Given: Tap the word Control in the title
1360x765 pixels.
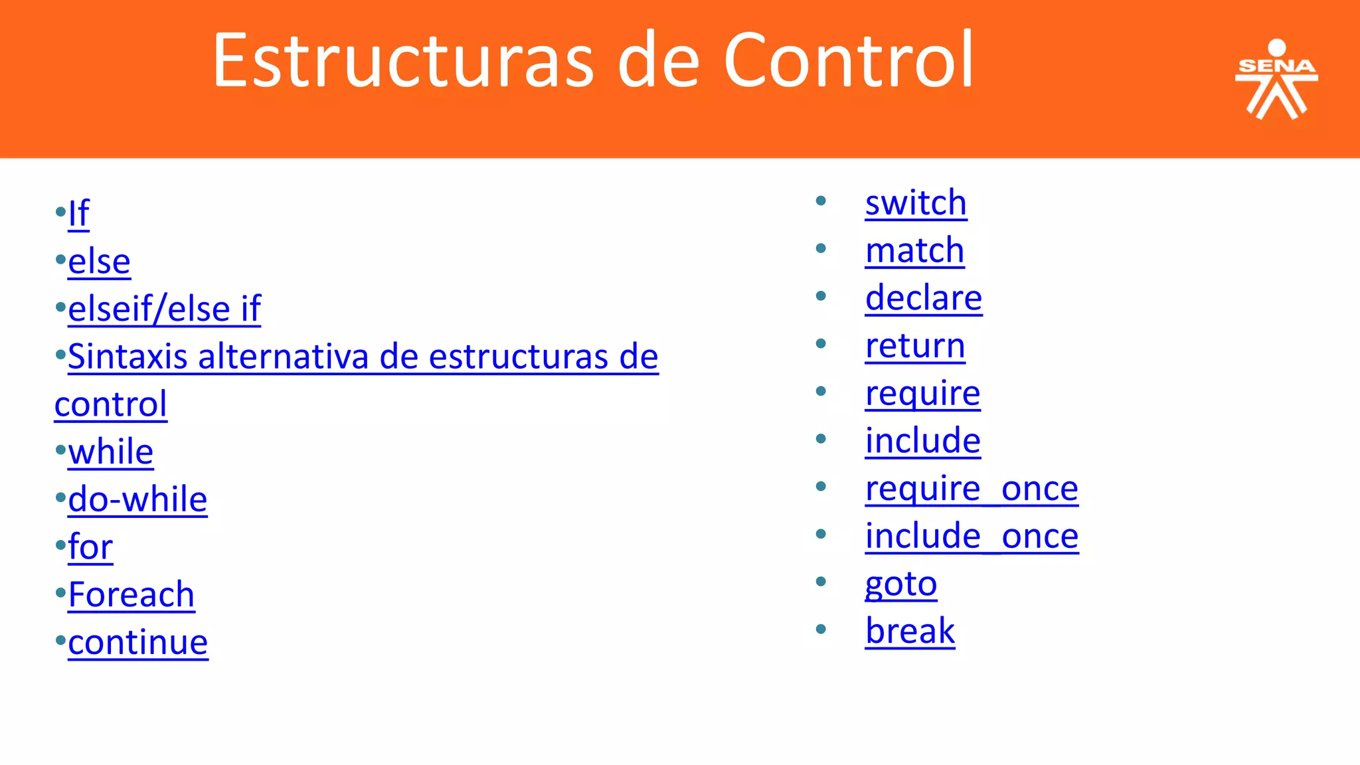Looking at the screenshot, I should [x=848, y=61].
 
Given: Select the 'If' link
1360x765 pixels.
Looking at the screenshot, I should [x=78, y=214].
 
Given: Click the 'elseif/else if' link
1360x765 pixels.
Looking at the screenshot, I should [x=164, y=309].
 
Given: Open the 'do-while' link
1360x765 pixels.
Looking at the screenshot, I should [x=137, y=499].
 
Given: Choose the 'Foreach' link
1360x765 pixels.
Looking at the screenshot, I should [x=131, y=594].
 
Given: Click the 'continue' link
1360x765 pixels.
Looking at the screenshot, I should [x=137, y=642].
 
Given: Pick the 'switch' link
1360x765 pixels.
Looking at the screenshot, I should [x=916, y=203].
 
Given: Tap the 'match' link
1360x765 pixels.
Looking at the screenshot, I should [x=914, y=250].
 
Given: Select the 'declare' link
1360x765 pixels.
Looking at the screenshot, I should [x=923, y=297].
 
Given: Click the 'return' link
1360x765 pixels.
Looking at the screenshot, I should [x=915, y=345].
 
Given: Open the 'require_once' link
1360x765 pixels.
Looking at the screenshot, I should [x=971, y=489].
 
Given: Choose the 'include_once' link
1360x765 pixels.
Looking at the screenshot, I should [x=972, y=536].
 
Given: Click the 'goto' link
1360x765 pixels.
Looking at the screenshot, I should [x=900, y=584].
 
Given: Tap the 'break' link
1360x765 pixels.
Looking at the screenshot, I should [x=910, y=631].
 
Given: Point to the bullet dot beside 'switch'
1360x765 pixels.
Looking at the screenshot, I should [x=821, y=201].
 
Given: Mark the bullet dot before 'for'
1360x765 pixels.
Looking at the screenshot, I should [x=60, y=545].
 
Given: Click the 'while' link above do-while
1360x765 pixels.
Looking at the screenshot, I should [x=110, y=452].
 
